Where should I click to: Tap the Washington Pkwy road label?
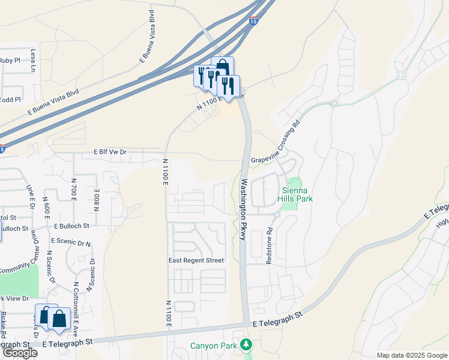pos(244,209)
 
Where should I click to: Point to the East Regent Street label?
pos(196,260)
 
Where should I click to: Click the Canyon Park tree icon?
pos(245,345)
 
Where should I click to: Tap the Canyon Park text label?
pos(213,346)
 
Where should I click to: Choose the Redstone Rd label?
pos(269,245)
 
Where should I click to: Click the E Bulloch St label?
pos(71,226)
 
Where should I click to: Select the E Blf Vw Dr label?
pos(111,152)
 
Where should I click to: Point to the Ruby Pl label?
pos(10,60)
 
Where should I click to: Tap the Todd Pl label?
pos(11,99)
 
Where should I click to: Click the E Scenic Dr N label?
pos(71,242)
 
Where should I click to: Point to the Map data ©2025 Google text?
pos(412,355)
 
